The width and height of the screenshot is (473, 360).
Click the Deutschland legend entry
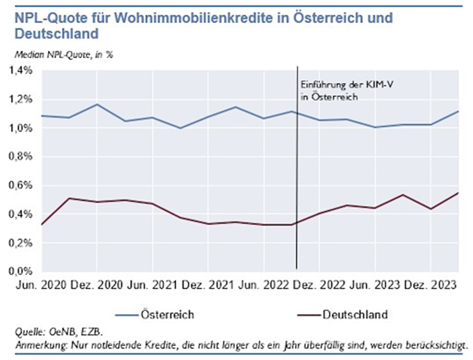click(x=354, y=315)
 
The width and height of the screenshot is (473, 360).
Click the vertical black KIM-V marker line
click(x=297, y=182)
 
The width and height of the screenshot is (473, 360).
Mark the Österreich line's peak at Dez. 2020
click(x=97, y=104)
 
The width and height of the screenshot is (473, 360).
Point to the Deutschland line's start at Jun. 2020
click(x=42, y=224)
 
